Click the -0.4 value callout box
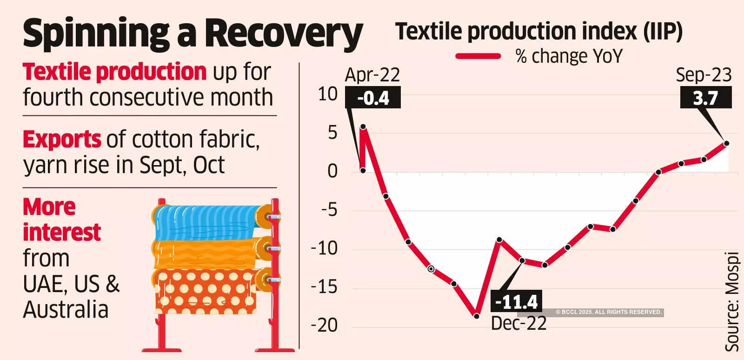point(373,98)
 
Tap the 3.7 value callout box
point(705,98)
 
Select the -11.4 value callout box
point(516,302)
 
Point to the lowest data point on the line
point(476,316)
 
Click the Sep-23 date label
point(704,75)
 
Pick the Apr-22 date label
point(372,75)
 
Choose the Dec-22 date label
point(518,323)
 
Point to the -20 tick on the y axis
point(324,325)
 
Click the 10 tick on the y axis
point(327,94)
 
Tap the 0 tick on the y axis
point(332,171)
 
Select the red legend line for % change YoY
point(478,56)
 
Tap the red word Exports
point(62,139)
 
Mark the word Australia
point(66,310)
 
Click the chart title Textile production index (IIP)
point(538,32)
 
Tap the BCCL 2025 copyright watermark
point(609,312)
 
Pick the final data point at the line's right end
point(726,143)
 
